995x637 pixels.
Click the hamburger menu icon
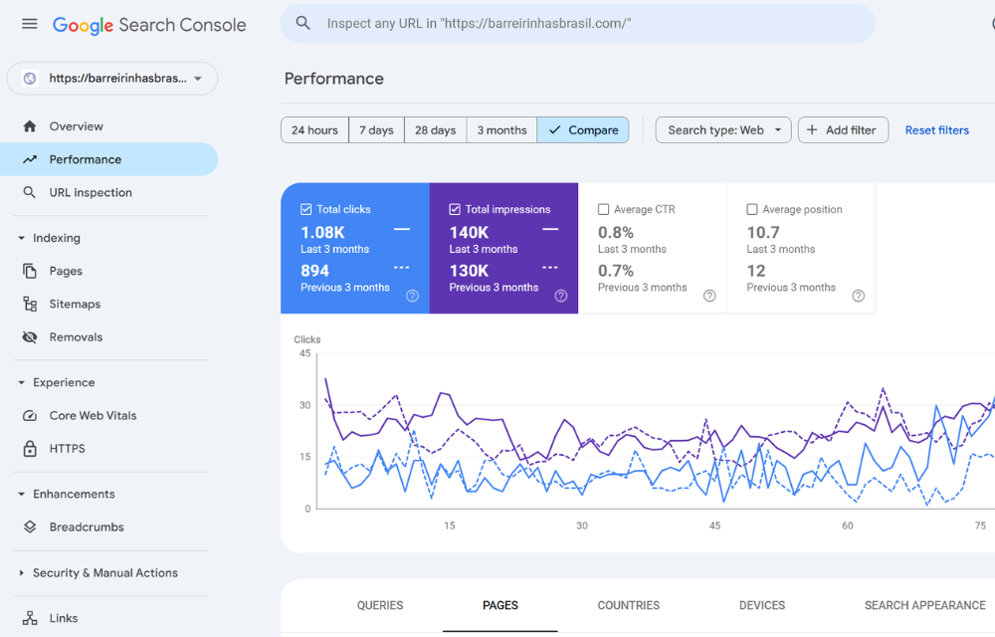30,24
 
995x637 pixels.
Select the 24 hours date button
314,130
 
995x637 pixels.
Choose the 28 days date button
435,130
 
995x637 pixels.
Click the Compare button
583,130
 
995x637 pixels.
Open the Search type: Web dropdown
723,130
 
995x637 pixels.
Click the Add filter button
842,130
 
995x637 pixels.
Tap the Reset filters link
936,130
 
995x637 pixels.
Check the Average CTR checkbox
604,210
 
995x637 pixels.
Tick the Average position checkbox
752,210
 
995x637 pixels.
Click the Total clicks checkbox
306,210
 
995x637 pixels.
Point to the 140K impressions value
469,233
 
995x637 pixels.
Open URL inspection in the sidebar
91,193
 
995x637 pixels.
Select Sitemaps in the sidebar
75,305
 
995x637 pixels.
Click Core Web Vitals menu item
93,416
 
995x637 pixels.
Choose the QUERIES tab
380,605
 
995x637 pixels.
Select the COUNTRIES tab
628,605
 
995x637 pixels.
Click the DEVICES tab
762,605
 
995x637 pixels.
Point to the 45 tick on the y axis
304,353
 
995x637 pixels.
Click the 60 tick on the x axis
848,526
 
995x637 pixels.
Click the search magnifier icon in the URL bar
303,23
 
